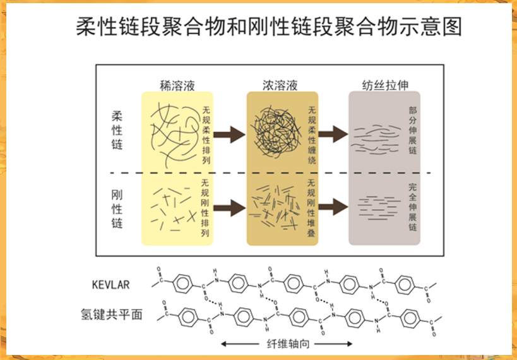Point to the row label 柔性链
117,131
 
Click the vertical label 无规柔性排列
206,135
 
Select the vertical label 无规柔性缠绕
311,135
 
